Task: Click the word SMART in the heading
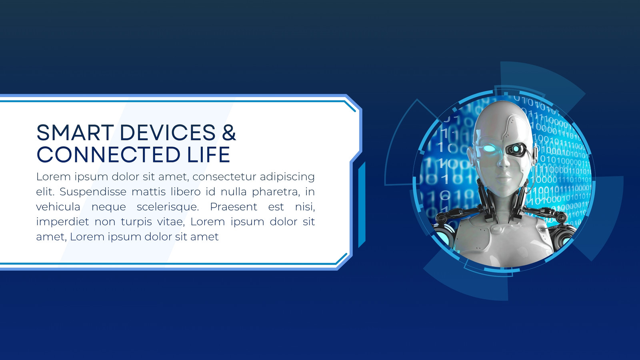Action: pyautogui.click(x=75, y=132)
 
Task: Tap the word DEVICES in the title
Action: pyautogui.click(x=168, y=132)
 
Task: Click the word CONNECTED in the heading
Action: pyautogui.click(x=108, y=154)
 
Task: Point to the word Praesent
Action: pyautogui.click(x=234, y=207)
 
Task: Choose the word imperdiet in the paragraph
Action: pyautogui.click(x=62, y=222)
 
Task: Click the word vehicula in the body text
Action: pyautogui.click(x=58, y=207)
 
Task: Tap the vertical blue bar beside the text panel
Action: pyautogui.click(x=362, y=204)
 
